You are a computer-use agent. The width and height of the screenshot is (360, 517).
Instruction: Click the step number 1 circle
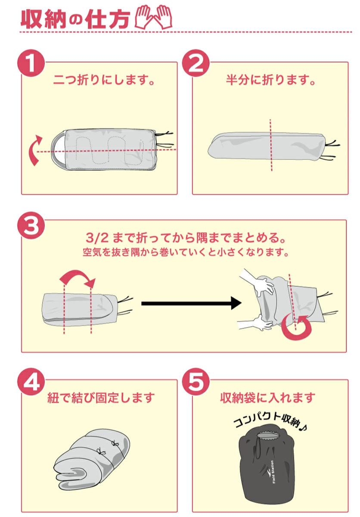tap(31, 63)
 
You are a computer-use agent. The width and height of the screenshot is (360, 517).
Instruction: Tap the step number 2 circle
tap(196, 63)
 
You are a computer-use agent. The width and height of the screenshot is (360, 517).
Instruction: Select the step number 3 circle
tap(31, 227)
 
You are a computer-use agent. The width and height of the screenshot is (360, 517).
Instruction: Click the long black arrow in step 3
tap(191, 303)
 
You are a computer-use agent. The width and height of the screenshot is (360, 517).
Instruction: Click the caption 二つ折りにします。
tap(104, 80)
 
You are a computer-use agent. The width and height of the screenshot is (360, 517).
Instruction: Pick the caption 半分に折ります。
tap(270, 80)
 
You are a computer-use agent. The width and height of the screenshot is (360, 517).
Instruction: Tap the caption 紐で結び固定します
tap(101, 397)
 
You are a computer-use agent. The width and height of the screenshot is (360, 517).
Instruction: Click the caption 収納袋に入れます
tap(268, 397)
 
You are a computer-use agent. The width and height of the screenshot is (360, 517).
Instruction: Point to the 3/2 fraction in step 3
tap(97, 238)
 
